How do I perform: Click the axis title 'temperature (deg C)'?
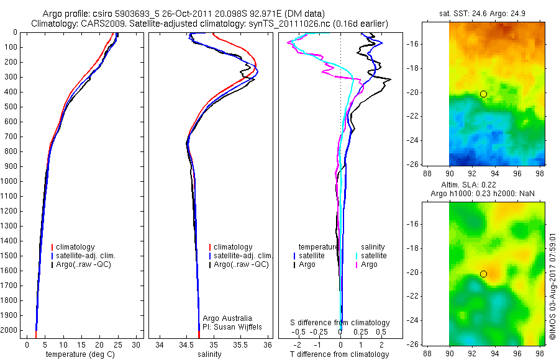tap(81, 354)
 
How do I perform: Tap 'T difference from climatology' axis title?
tap(340, 354)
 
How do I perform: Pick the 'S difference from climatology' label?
tap(340, 323)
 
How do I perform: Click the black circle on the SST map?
tap(483, 94)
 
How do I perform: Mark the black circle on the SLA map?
tap(483, 274)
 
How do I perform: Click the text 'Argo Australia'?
tap(227, 318)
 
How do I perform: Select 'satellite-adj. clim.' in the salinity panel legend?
tap(243, 256)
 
